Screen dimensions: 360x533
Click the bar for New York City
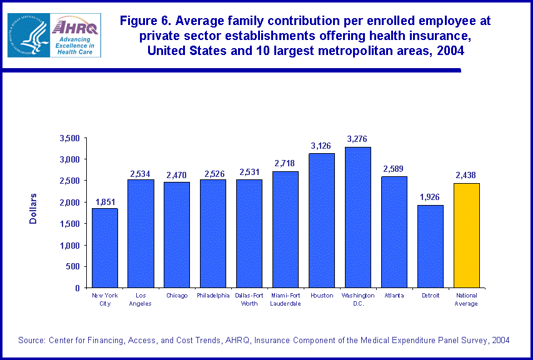[105, 247]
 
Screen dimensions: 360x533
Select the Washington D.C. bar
[357, 217]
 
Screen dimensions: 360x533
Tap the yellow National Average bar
[466, 235]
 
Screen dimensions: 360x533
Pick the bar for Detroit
[430, 246]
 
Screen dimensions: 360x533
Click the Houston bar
[322, 220]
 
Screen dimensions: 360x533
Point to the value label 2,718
[286, 163]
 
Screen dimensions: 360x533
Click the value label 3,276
[357, 139]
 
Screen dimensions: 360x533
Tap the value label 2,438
[466, 175]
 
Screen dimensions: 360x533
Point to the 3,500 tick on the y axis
[69, 138]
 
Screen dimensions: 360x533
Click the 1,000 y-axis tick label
[69, 246]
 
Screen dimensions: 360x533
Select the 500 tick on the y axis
[74, 267]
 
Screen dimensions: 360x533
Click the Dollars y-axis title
[34, 209]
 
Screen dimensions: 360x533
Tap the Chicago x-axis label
[177, 296]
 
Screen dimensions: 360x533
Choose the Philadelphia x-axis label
[213, 296]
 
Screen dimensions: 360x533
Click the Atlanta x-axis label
[394, 296]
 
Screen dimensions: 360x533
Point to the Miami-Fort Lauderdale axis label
[286, 299]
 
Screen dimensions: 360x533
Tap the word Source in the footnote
[31, 340]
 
